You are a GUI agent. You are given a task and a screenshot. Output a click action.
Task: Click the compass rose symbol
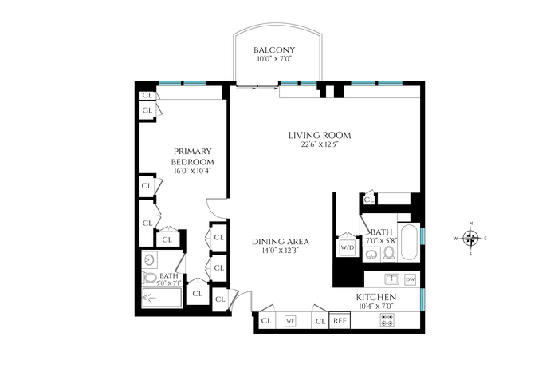[470, 238]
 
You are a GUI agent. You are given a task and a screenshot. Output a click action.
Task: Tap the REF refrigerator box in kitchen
[340, 320]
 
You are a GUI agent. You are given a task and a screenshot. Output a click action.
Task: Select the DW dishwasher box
[411, 279]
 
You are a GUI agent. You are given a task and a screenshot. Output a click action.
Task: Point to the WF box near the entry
[290, 321]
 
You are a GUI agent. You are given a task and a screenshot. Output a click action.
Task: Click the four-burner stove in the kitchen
[387, 319]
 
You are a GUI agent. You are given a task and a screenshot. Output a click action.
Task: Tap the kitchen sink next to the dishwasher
[392, 279]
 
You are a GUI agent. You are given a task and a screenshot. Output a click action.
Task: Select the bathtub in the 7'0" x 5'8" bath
[409, 243]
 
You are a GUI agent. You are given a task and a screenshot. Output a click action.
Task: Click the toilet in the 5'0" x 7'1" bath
[150, 278]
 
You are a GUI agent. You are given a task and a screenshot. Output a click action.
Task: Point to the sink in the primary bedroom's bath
[150, 259]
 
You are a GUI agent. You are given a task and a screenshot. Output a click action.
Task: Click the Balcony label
[274, 49]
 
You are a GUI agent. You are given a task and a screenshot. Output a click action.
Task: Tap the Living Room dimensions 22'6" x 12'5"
[320, 144]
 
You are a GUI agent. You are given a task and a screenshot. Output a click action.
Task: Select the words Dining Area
[281, 242]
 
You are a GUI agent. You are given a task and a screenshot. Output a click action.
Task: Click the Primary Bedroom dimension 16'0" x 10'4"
[193, 171]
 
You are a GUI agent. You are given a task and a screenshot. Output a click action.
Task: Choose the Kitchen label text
[376, 297]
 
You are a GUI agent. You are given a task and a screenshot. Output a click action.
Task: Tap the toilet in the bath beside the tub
[389, 254]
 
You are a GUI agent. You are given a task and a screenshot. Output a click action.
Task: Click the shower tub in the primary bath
[163, 298]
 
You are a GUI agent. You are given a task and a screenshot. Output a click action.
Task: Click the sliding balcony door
[257, 87]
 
